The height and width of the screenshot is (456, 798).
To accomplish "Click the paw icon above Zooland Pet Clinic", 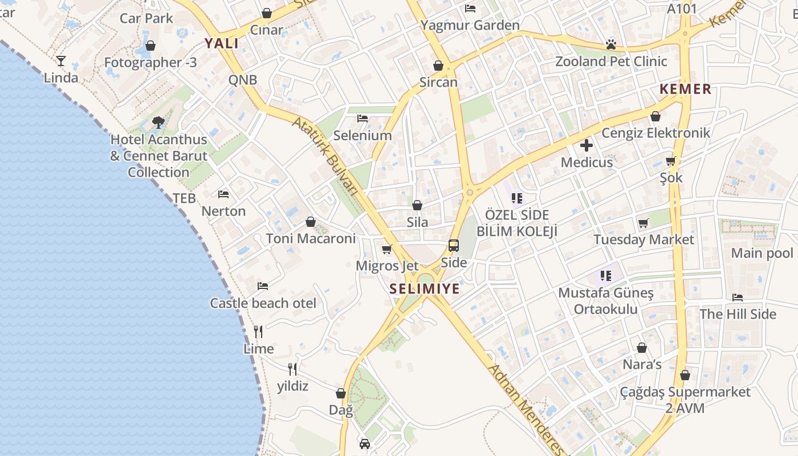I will pos(611,44).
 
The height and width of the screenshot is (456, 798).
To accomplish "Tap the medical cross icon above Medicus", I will pos(586,145).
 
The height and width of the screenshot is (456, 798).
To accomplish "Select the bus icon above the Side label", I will pos(454,246).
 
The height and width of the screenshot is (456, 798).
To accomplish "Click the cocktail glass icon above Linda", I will pos(61,60).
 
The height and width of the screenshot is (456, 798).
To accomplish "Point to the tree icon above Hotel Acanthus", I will pos(158,122).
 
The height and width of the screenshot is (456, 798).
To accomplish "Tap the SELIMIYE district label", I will pos(425,289).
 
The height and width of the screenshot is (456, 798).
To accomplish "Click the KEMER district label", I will pos(686,89).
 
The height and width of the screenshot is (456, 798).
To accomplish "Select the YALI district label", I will pos(222,43).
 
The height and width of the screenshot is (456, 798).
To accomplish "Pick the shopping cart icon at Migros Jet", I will pos(387,249).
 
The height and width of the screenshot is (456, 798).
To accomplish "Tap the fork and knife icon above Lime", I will pos(258,331).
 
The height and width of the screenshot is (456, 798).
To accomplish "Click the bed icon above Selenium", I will pos(363,119).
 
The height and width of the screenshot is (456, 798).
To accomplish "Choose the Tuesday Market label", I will pos(644,239).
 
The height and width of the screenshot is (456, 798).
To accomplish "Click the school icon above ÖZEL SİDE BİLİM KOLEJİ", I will pos(517,198).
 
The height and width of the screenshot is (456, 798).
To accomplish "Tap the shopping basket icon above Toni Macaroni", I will pos(311,222).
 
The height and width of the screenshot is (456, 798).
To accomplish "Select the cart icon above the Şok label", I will pos(671,161).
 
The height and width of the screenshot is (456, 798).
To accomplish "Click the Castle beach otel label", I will pos(263,303).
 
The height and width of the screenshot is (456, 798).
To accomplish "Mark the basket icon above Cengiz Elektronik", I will pos(655,116).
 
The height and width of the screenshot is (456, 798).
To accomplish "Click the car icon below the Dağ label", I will pos(365,443).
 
